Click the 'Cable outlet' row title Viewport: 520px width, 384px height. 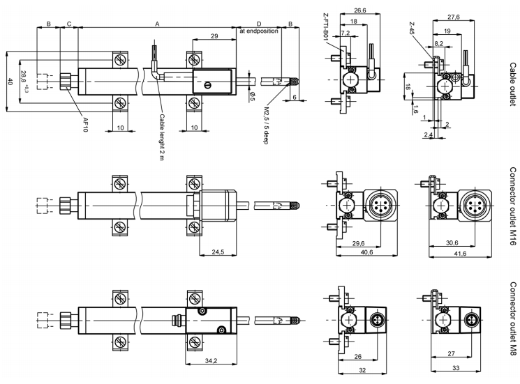(x=513, y=84)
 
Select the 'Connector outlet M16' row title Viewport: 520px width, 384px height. (x=513, y=206)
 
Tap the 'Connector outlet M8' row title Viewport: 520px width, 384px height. (x=513, y=318)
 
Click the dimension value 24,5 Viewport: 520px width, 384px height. (x=218, y=252)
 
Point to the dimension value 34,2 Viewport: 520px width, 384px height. (x=211, y=360)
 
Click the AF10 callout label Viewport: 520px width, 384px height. (x=86, y=125)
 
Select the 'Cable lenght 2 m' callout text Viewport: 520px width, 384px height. (x=162, y=137)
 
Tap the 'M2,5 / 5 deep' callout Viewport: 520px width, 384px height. (x=266, y=125)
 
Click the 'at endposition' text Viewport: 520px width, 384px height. (x=259, y=31)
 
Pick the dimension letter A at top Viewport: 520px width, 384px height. (x=158, y=24)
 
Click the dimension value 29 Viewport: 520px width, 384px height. (x=214, y=36)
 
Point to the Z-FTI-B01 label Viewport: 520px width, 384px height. (x=325, y=26)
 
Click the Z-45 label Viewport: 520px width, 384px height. (x=412, y=29)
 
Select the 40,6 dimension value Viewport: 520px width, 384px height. (x=366, y=252)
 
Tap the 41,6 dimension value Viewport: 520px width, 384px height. (x=460, y=253)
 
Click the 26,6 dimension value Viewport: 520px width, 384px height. (x=360, y=10)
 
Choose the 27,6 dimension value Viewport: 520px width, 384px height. (x=453, y=17)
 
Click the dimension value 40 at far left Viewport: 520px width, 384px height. (x=10, y=82)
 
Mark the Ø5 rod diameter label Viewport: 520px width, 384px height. (x=252, y=97)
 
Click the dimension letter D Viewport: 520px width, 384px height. (x=259, y=24)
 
